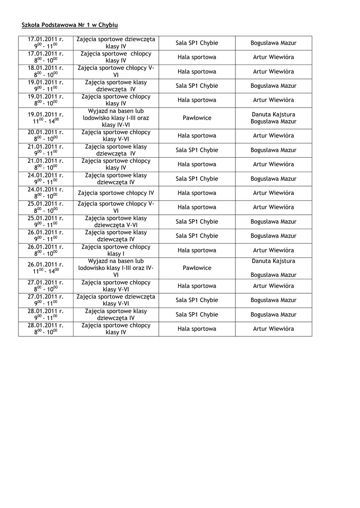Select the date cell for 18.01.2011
pos(46,71)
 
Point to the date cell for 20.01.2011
pos(46,136)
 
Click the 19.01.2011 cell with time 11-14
pos(46,118)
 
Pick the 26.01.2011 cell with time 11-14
pos(46,268)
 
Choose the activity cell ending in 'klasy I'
pos(116,251)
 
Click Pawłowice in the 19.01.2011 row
pos(197,118)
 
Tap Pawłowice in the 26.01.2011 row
pos(197,268)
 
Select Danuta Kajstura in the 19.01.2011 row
pos(273,115)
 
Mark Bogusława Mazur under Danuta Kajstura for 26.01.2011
pos(273,275)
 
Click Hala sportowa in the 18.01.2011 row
pos(197,71)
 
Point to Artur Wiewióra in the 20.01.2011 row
pos(273,136)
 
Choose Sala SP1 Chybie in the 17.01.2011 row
pos(197,43)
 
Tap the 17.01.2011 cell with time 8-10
pos(46,57)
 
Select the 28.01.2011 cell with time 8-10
pos(46,329)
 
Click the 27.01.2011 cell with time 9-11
pos(46,300)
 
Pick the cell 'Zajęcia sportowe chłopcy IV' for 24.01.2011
pos(116,193)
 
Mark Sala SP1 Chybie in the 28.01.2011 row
pos(197,315)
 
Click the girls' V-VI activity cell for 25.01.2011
pos(116,222)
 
